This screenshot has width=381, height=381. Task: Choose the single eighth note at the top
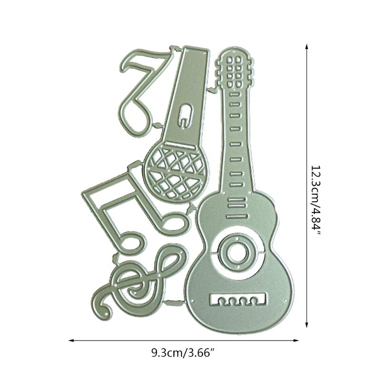[144, 92]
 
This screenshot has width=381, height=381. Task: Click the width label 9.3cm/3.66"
[183, 352]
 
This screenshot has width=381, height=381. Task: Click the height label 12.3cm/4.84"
[316, 200]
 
